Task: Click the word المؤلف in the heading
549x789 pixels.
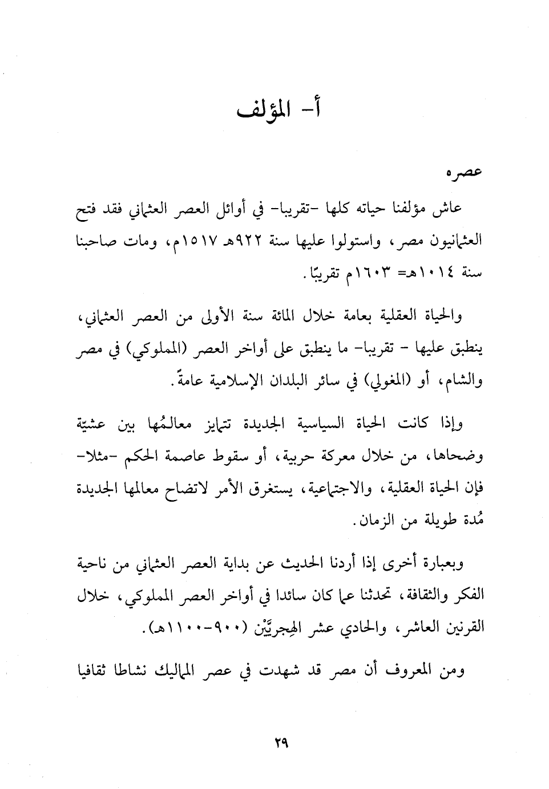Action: point(260,108)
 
